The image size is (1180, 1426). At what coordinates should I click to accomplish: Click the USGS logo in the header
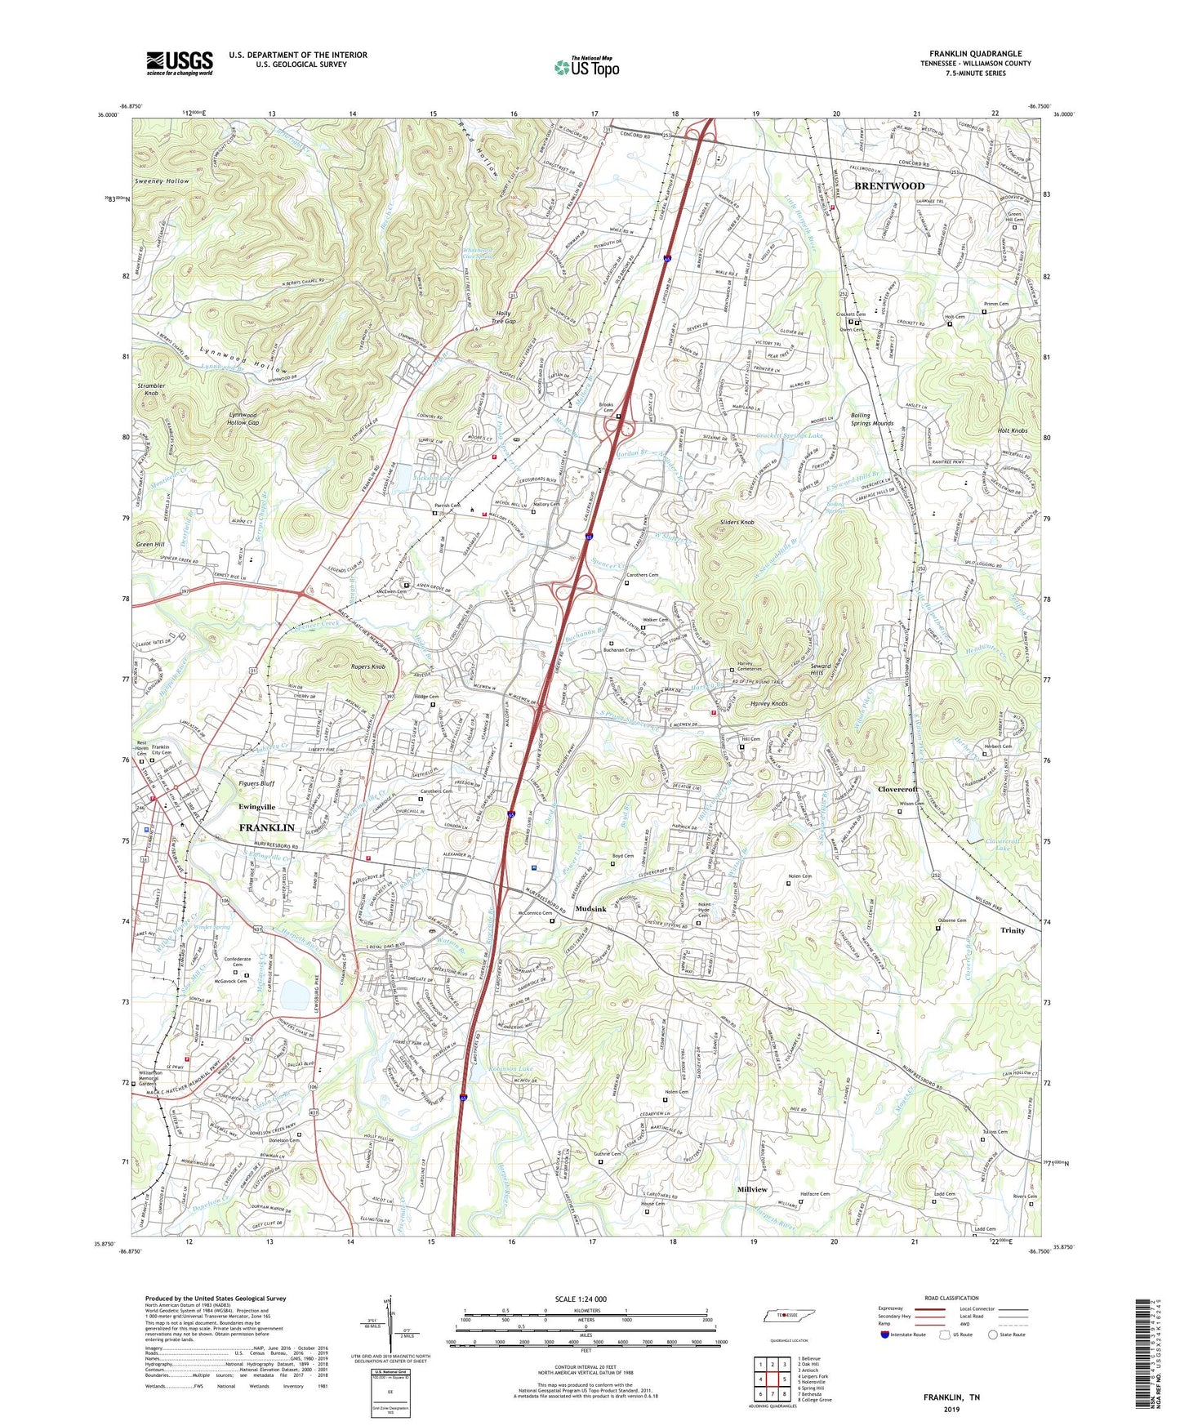(x=180, y=63)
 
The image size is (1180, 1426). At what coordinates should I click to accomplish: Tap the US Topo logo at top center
(x=586, y=67)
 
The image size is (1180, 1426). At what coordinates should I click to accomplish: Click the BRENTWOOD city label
(x=889, y=186)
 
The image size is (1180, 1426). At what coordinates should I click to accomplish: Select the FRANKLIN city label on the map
(x=266, y=828)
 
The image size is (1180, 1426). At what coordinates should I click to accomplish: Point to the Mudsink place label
(x=590, y=909)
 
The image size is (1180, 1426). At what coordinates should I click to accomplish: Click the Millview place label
(x=752, y=1190)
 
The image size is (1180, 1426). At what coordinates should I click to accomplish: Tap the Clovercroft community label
(x=897, y=789)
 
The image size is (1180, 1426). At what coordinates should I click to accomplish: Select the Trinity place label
(x=1012, y=930)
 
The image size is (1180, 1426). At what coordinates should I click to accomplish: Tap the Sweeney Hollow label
(x=163, y=181)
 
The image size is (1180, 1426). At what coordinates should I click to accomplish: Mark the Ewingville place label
(x=256, y=807)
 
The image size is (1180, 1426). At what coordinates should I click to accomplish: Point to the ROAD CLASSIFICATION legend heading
(x=952, y=1298)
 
